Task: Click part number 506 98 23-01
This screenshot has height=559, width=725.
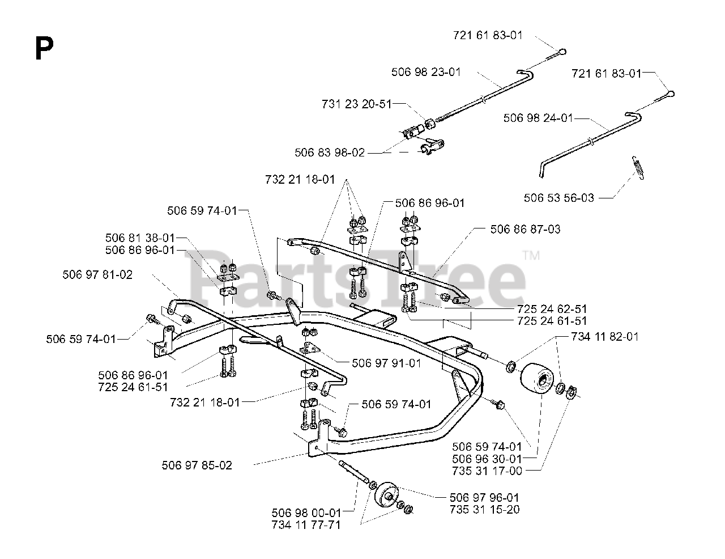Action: (426, 72)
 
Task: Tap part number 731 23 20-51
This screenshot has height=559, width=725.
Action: (356, 104)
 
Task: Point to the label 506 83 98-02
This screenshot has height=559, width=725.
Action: (330, 153)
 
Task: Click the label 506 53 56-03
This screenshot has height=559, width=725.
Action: (559, 197)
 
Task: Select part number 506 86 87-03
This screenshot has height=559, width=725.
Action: (525, 229)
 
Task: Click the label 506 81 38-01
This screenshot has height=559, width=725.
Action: (140, 238)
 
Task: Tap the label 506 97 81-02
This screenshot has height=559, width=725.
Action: (97, 274)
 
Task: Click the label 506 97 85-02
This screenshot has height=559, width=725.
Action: (197, 465)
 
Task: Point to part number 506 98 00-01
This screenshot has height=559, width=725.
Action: (306, 513)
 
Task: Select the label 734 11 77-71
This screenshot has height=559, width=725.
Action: (306, 525)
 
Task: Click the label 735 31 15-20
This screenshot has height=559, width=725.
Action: (485, 509)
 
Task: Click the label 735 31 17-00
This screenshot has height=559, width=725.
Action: (487, 471)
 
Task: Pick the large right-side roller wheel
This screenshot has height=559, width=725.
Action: (536, 377)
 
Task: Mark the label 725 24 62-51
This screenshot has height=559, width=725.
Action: (552, 309)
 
